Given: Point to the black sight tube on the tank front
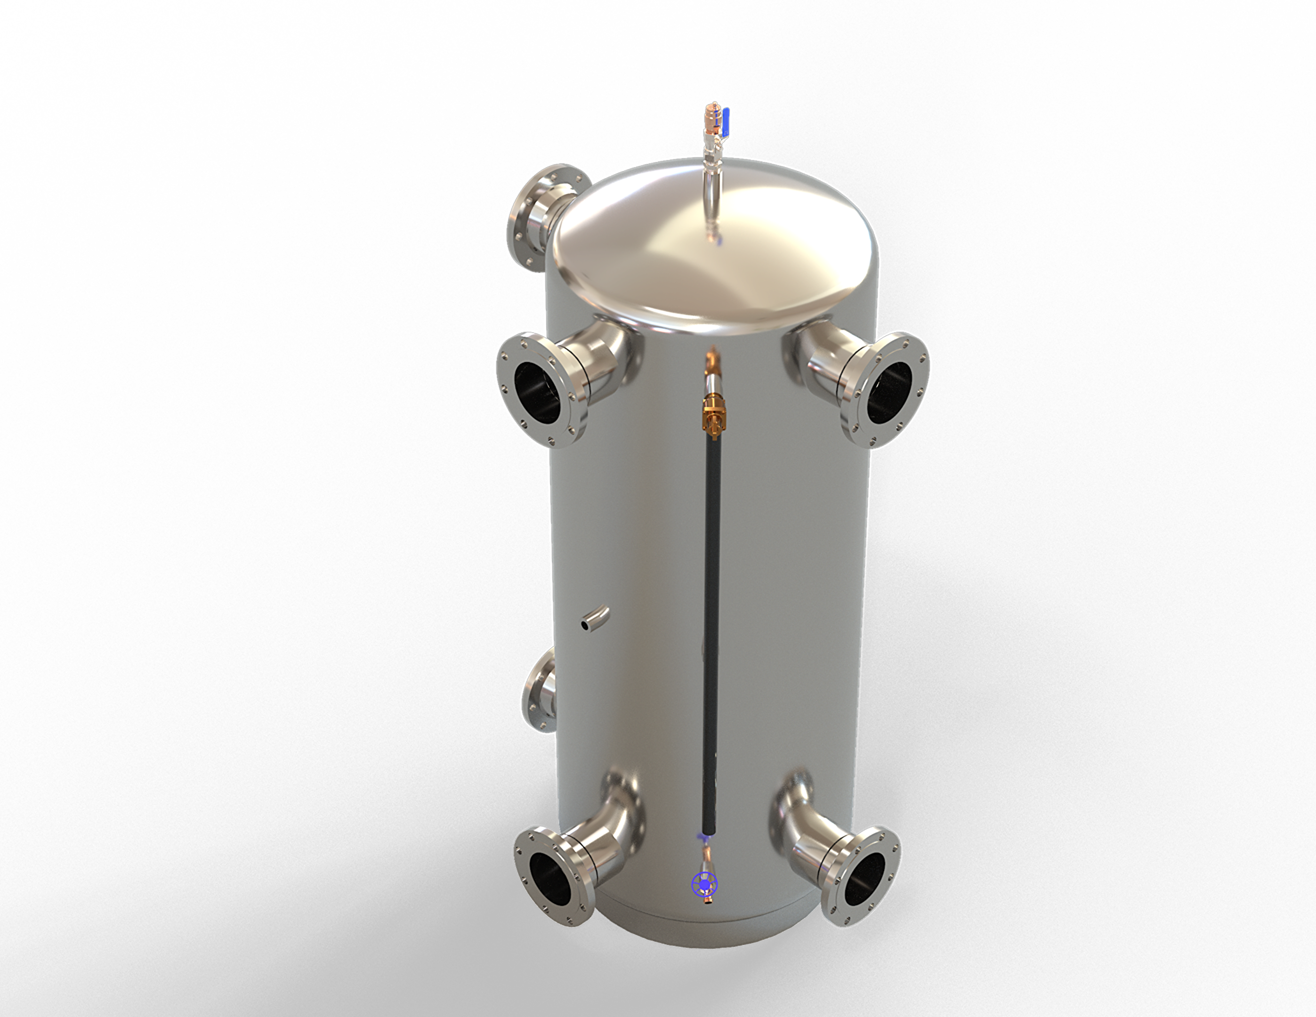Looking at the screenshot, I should (711, 603).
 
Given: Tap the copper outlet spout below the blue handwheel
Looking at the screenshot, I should (709, 901).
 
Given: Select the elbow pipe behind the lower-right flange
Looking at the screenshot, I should (804, 819).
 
